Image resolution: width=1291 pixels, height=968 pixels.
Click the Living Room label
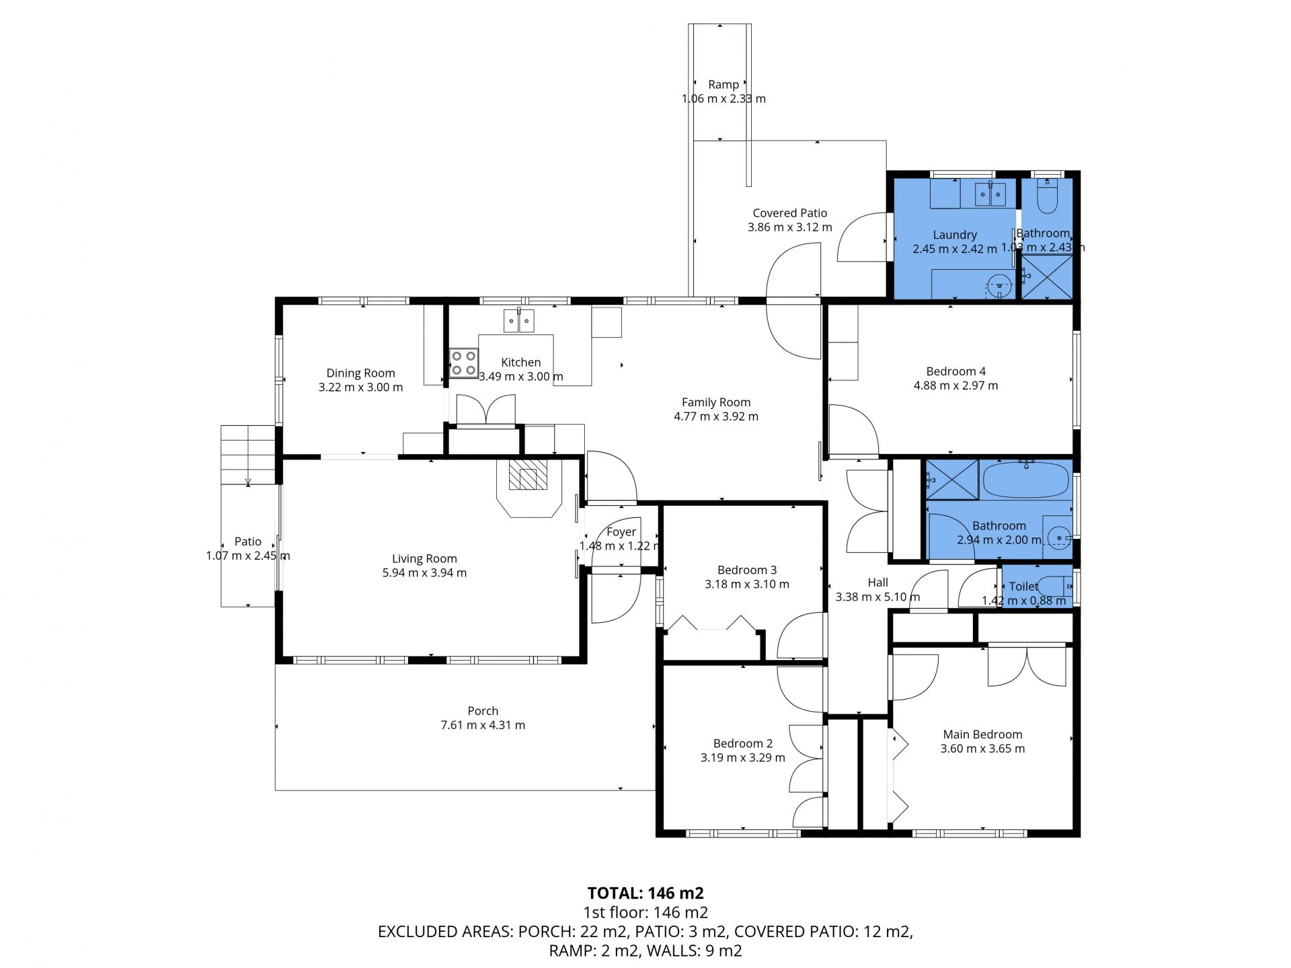click(424, 558)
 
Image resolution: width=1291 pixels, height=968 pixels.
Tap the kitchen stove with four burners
click(463, 363)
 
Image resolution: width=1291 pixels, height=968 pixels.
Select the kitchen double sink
click(519, 321)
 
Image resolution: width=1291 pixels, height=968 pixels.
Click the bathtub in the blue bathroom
click(1025, 480)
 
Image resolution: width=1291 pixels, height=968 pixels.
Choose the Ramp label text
click(723, 85)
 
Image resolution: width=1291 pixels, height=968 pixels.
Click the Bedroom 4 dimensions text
click(955, 385)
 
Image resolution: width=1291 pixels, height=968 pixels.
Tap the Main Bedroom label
click(982, 735)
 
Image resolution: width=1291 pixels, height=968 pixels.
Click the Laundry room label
click(955, 235)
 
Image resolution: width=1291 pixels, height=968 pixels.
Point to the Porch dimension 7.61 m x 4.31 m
click(483, 725)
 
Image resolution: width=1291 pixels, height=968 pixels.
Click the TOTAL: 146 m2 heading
click(645, 893)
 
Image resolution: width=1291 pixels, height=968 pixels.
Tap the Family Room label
click(716, 402)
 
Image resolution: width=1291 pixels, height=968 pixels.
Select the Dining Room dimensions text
click(360, 387)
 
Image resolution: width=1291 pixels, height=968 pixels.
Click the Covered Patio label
click(790, 213)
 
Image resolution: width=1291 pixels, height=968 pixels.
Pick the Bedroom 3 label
click(747, 570)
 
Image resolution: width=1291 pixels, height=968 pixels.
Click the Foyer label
click(621, 532)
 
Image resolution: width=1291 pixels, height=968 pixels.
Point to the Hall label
click(877, 583)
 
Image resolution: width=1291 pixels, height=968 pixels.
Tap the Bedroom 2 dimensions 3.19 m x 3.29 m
click(743, 757)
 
